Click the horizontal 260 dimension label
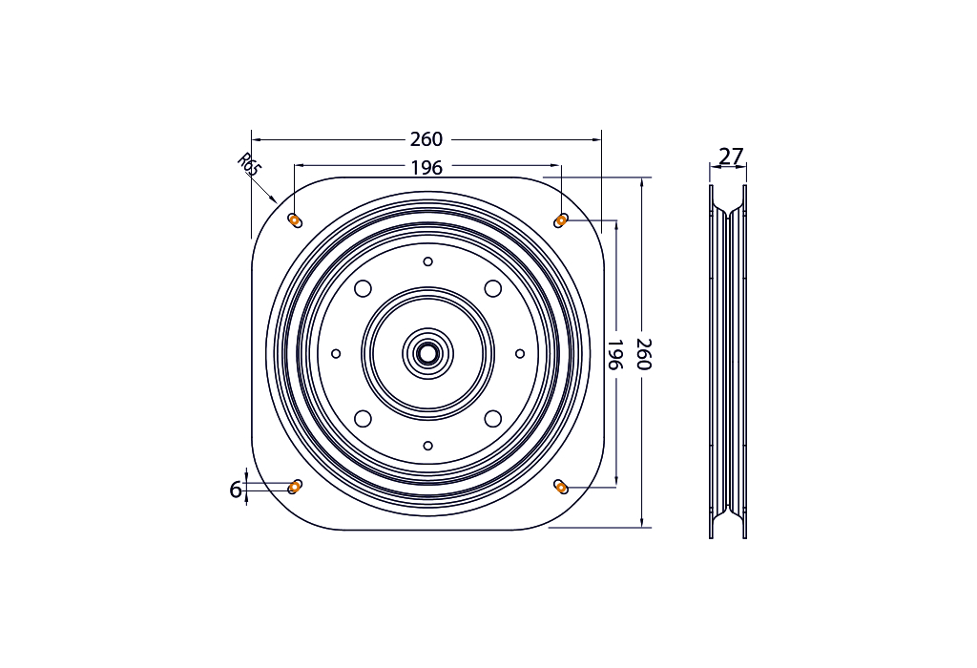[426, 139]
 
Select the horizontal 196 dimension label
[426, 168]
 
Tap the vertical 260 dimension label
[644, 354]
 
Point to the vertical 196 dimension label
[615, 354]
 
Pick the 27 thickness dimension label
[731, 157]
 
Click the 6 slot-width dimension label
[235, 490]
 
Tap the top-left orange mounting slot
[295, 220]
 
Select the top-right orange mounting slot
[561, 220]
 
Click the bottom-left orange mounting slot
[295, 487]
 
